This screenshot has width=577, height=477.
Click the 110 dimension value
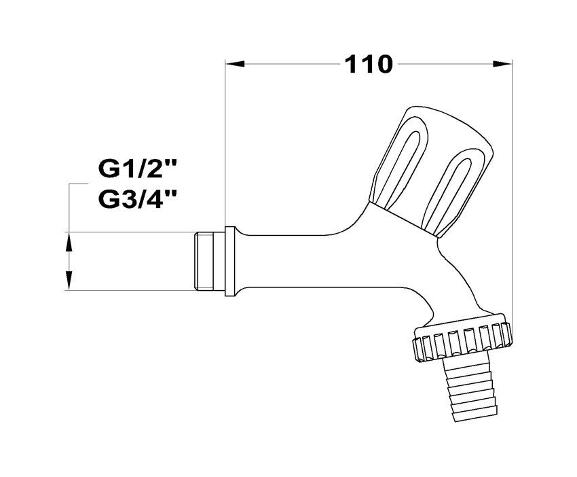[x=369, y=65]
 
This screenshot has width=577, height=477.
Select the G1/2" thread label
[x=137, y=169]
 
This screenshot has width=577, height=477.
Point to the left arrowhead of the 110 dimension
[x=235, y=64]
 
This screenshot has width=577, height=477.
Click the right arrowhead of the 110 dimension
[x=502, y=64]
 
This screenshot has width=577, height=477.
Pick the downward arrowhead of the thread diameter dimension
[x=69, y=281]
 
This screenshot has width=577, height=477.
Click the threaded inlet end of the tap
[x=209, y=261]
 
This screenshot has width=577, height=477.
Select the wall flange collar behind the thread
[x=230, y=262]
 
